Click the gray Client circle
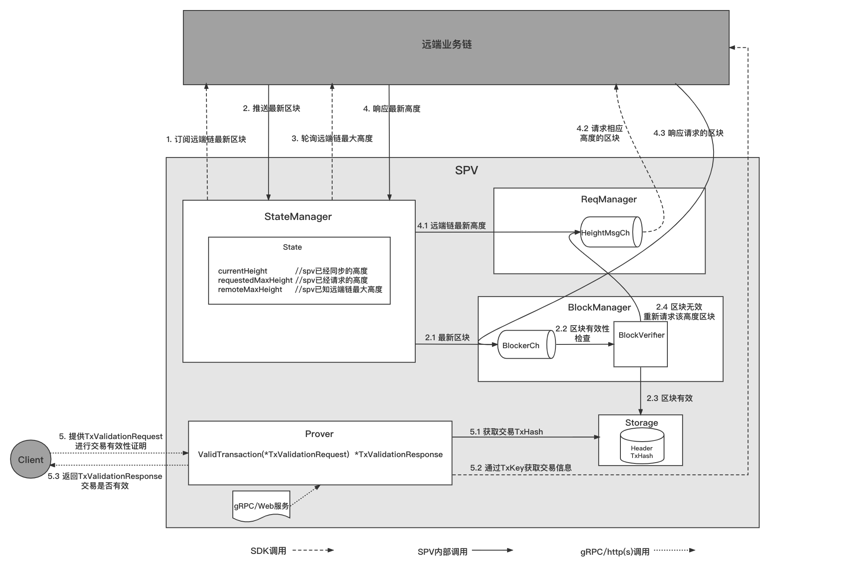pyautogui.click(x=31, y=459)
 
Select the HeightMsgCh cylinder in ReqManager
pyautogui.click(x=611, y=232)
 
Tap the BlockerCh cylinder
pyautogui.click(x=526, y=345)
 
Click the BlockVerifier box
pyautogui.click(x=641, y=344)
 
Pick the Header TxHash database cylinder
pyautogui.click(x=642, y=448)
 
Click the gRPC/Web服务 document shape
pyautogui.click(x=261, y=506)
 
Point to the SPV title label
pyautogui.click(x=466, y=171)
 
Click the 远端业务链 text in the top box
pyautogui.click(x=447, y=44)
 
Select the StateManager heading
pyautogui.click(x=298, y=217)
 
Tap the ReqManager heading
pyautogui.click(x=609, y=199)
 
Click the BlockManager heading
pyautogui.click(x=599, y=308)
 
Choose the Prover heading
pyautogui.click(x=319, y=434)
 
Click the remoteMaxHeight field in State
pyautogui.click(x=250, y=290)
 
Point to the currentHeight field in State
pyautogui.click(x=242, y=271)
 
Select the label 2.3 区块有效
pyautogui.click(x=669, y=398)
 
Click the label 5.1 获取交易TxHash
pyautogui.click(x=506, y=432)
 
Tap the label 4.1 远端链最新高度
pyautogui.click(x=451, y=225)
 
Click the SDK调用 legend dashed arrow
pyautogui.click(x=313, y=550)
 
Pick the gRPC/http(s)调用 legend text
pyautogui.click(x=615, y=552)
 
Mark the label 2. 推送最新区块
pyautogui.click(x=271, y=109)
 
